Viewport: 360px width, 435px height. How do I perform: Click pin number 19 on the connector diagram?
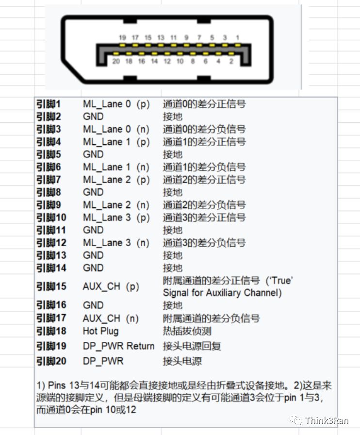[123, 38]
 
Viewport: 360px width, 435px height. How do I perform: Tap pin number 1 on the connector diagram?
[237, 38]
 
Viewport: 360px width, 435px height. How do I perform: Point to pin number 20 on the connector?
[116, 62]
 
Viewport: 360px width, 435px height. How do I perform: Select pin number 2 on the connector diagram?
[231, 62]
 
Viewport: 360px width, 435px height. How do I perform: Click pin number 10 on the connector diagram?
[180, 62]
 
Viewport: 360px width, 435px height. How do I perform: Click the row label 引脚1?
[48, 104]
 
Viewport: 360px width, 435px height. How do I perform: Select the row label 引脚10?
[50, 217]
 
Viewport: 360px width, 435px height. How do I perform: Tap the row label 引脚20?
[50, 361]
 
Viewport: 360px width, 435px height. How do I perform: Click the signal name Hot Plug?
[100, 331]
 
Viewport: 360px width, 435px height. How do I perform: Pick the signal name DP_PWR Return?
[118, 346]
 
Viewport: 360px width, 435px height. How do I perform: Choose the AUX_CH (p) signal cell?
[111, 286]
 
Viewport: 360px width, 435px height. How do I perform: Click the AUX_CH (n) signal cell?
[111, 318]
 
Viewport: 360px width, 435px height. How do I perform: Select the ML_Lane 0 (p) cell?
[116, 104]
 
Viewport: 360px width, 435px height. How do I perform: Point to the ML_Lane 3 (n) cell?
[116, 243]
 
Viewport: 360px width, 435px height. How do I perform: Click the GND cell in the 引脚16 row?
[93, 305]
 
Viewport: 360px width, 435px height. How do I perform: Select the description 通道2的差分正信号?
[204, 180]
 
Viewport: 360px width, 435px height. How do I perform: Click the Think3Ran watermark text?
[327, 420]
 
